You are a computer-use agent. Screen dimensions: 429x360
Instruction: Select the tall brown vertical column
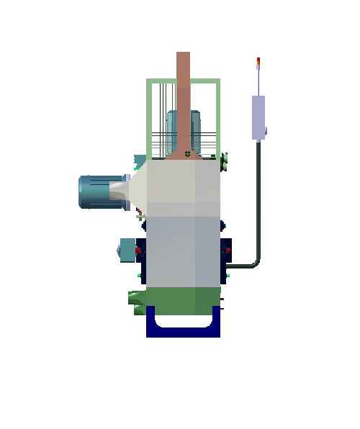pos(184,94)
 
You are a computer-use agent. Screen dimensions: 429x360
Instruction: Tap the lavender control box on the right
pos(258,117)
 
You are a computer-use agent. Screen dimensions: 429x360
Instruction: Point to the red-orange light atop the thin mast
pos(258,60)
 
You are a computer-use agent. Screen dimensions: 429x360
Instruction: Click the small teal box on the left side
pos(127,249)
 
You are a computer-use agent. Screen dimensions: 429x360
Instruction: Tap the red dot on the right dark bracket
pos(228,250)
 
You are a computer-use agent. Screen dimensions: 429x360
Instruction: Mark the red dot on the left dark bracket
pos(138,250)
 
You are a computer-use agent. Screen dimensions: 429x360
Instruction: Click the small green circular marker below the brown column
pos(187,153)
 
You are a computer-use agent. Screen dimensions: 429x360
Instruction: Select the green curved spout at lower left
pos(137,297)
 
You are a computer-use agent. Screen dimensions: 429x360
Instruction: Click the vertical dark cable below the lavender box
pos(258,194)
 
